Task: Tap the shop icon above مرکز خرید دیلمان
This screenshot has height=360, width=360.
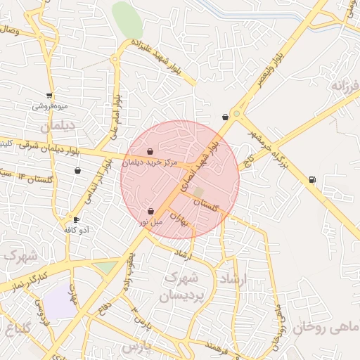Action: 150,151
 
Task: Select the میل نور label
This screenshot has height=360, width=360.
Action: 150,221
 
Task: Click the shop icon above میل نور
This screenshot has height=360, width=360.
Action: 151,211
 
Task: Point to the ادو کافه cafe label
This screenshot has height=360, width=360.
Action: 75,230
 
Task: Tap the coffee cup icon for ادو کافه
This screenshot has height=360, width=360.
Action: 76,219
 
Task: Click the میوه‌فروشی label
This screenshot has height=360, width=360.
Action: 49,106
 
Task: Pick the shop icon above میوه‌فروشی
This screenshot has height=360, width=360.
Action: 49,96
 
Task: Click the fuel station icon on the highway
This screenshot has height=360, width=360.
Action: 312,179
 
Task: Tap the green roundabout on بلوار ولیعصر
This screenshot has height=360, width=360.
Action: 237,113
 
